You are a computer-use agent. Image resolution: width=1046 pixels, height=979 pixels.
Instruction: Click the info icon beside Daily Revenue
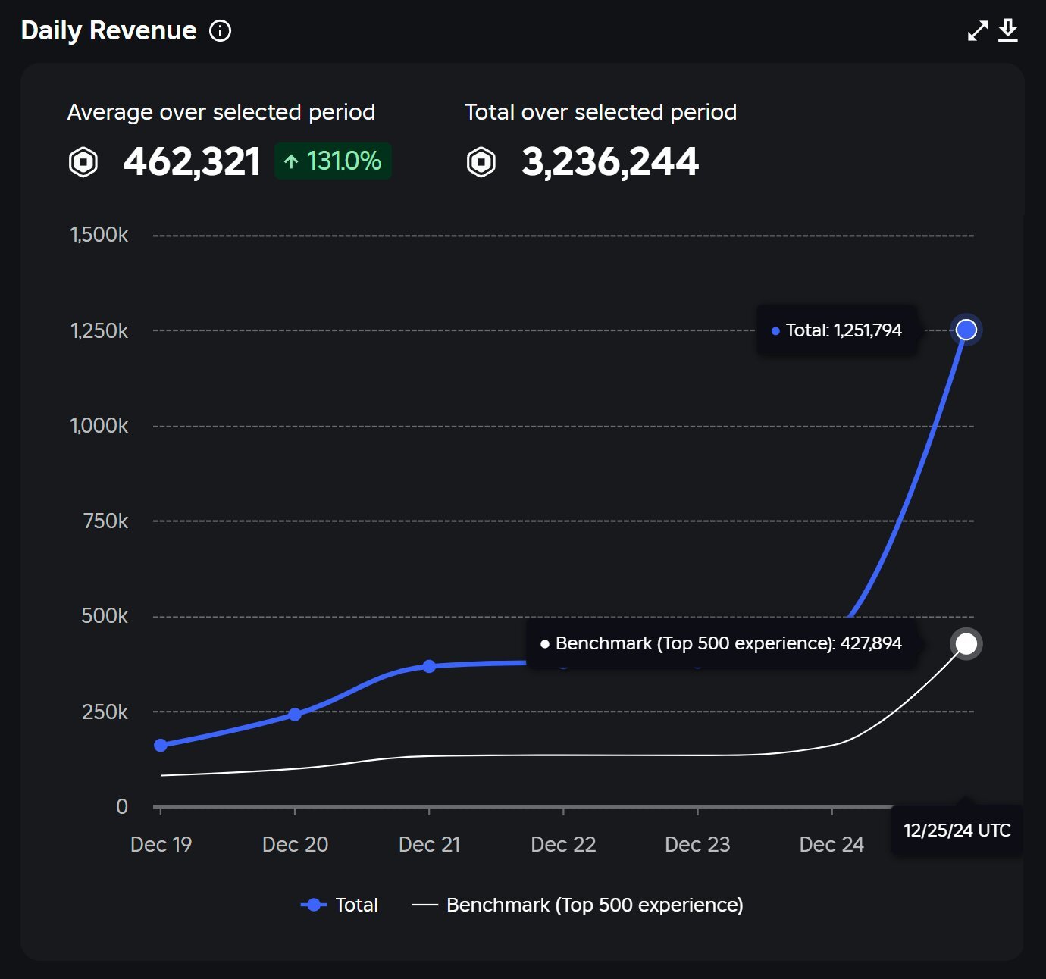click(220, 31)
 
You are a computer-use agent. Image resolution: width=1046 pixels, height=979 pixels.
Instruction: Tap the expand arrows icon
click(978, 30)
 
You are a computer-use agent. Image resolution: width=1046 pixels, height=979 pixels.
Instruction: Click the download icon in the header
click(1008, 30)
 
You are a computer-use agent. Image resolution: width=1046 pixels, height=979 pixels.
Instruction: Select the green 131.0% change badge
click(333, 161)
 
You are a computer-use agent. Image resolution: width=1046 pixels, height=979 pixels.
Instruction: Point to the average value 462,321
click(192, 161)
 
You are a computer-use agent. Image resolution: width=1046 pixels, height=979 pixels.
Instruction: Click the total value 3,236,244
click(610, 161)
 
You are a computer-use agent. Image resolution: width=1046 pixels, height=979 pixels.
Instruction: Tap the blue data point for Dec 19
click(161, 745)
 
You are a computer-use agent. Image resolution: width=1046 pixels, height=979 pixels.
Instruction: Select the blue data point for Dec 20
click(295, 715)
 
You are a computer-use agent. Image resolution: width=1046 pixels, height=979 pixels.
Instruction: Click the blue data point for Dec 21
click(429, 666)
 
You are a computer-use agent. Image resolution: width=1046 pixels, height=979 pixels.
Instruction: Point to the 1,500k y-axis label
click(99, 235)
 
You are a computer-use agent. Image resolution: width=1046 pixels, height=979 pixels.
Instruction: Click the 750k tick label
click(105, 521)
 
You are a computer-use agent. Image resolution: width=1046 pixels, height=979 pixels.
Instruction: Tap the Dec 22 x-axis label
click(564, 845)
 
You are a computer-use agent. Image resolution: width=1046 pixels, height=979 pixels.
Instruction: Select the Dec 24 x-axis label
click(831, 845)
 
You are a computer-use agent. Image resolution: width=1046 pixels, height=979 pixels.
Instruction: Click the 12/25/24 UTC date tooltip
click(957, 830)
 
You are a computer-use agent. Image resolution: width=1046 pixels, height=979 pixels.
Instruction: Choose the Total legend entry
click(340, 905)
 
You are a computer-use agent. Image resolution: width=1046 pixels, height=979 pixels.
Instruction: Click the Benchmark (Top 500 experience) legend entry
click(578, 905)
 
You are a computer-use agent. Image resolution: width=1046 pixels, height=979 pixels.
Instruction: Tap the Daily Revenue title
click(109, 30)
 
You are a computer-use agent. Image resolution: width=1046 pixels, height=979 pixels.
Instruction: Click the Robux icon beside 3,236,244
click(481, 161)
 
